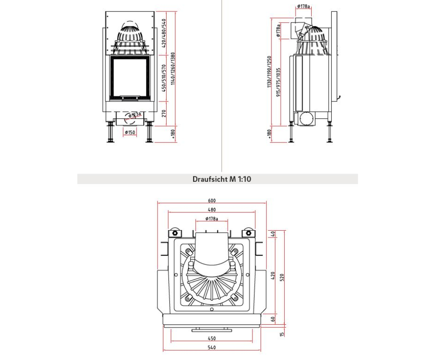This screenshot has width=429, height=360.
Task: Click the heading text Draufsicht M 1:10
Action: pyautogui.click(x=222, y=179)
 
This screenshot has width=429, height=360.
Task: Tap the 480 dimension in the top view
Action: pyautogui.click(x=212, y=210)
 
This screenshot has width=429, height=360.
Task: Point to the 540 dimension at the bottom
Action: pyautogui.click(x=212, y=348)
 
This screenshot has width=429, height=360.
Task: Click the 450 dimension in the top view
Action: pyautogui.click(x=212, y=339)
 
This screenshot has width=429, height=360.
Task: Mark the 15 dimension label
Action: pyautogui.click(x=282, y=334)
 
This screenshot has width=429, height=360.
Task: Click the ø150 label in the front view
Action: pyautogui.click(x=130, y=132)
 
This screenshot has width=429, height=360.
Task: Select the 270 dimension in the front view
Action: pyautogui.click(x=164, y=113)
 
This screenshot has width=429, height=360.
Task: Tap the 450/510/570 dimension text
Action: pyautogui.click(x=164, y=78)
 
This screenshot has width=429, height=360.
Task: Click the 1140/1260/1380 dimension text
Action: pyautogui.click(x=173, y=69)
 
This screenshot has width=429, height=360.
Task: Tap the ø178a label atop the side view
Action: pyautogui.click(x=303, y=6)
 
